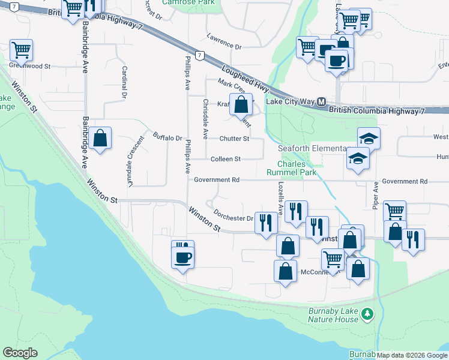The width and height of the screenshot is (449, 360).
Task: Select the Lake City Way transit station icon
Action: [321, 102]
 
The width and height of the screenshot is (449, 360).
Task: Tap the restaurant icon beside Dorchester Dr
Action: [265, 223]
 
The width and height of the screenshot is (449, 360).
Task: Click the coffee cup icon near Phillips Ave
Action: [182, 258]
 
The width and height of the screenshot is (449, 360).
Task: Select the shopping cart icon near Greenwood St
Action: [21, 50]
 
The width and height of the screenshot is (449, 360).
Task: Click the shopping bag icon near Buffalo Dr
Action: [101, 139]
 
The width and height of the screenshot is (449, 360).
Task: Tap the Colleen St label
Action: [226, 159]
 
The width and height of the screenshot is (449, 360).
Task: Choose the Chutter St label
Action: [234, 139]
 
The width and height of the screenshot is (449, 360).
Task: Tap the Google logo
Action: [20, 353]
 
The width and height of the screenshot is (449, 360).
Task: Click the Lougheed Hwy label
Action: [244, 78]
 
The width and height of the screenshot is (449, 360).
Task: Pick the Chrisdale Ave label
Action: [205, 119]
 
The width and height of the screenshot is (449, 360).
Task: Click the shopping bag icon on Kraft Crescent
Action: [241, 104]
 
